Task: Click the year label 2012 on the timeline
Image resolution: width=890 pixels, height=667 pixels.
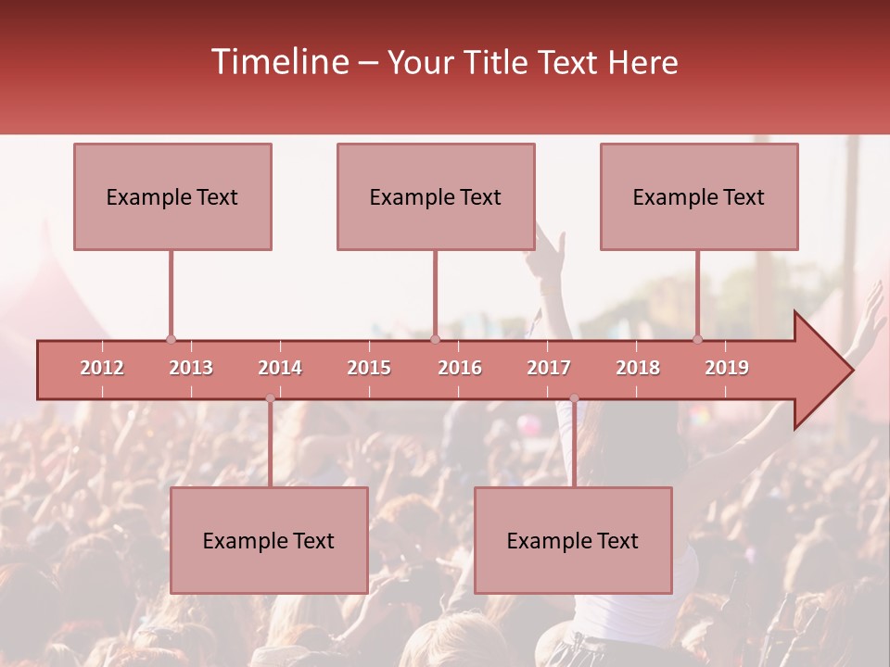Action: pos(102,368)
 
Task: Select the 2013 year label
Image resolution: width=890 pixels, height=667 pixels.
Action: pos(191,368)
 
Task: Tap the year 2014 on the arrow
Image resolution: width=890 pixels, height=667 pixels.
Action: pos(280,368)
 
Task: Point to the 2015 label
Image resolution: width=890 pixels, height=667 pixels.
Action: pos(369,368)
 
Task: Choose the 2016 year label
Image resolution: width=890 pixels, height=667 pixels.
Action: pos(460,368)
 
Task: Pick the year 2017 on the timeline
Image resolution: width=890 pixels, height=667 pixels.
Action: pos(549,368)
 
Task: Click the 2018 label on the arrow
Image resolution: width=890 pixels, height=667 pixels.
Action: pos(638,368)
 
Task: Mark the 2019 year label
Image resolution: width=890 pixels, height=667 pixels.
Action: pos(727,368)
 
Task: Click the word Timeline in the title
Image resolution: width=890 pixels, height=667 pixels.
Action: pos(278,62)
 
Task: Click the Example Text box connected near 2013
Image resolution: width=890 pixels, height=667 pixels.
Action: pos(172,196)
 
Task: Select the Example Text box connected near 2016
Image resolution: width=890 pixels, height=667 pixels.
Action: pos(436,196)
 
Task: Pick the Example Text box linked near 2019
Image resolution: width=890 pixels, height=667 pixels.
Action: pos(699,196)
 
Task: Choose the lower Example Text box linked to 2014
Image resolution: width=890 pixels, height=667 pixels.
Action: pos(269,540)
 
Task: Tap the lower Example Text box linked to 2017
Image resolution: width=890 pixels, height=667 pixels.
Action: pos(573,540)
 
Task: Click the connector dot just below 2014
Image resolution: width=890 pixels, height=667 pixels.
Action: pos(270,398)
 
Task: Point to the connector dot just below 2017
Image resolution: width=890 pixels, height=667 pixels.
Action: pos(574,398)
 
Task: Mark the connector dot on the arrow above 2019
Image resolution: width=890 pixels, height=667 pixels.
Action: pos(698,339)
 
